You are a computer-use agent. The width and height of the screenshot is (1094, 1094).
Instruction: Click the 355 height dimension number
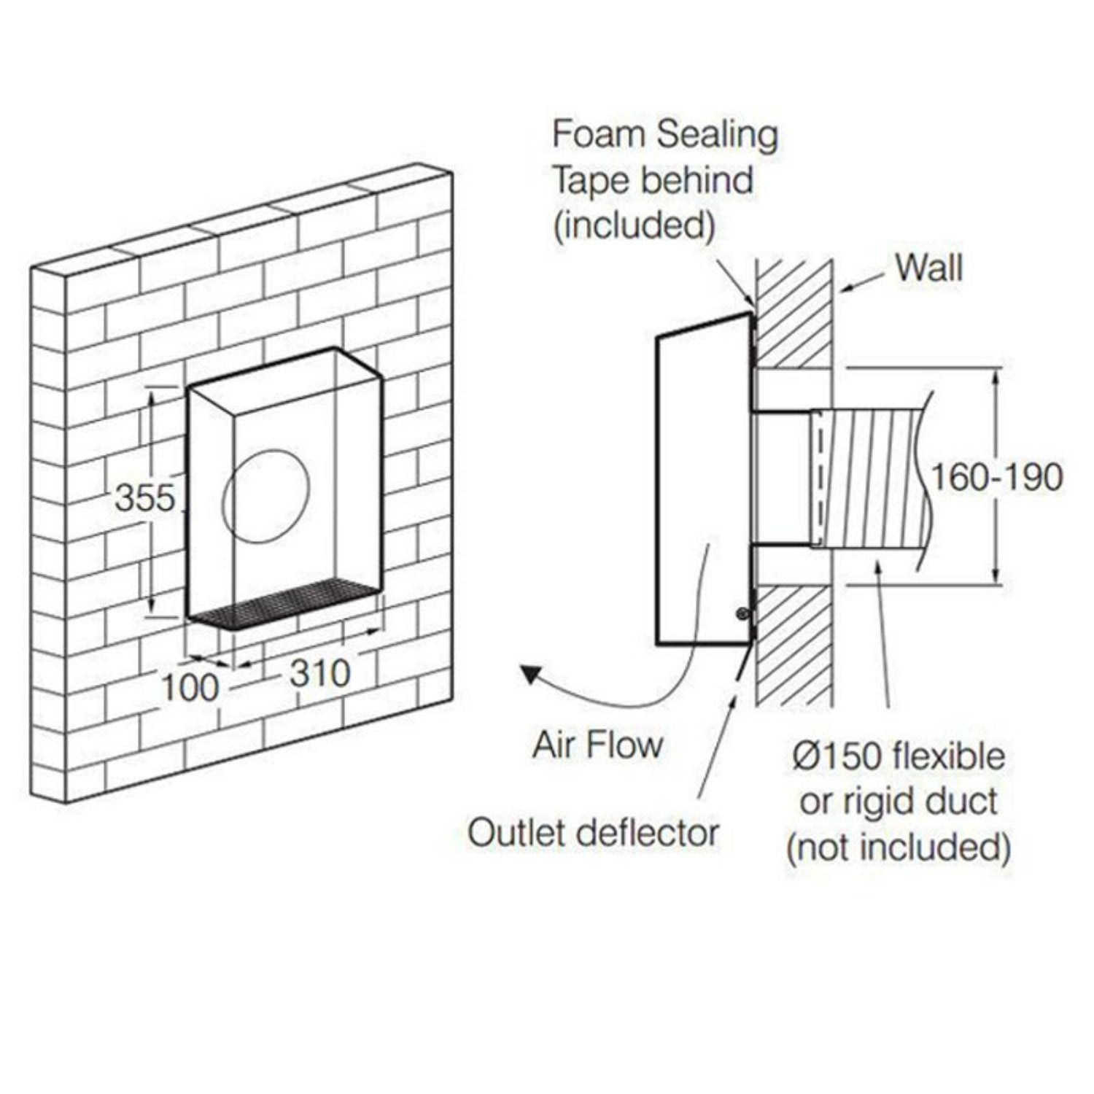tap(145, 499)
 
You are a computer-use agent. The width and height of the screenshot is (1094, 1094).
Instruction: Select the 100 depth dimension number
tap(189, 687)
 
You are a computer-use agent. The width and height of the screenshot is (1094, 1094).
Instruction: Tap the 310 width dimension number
tap(319, 673)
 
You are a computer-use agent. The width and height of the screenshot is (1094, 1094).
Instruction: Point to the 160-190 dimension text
tap(997, 478)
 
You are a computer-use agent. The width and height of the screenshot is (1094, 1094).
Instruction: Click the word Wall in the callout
tap(929, 267)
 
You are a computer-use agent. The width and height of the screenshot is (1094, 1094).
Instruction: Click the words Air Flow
tap(597, 745)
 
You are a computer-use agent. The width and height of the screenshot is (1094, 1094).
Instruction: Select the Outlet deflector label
tap(593, 833)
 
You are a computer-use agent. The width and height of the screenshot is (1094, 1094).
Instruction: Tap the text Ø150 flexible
tap(899, 756)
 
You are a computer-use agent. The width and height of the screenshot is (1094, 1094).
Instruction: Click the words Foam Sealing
tap(664, 136)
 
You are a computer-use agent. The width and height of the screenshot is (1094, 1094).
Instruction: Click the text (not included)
tap(899, 847)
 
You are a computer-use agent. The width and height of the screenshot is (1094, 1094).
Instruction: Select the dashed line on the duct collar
tap(820, 478)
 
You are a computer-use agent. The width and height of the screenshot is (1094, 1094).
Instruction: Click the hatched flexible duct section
tap(872, 478)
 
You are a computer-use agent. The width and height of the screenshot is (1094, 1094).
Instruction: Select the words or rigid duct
tap(899, 802)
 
